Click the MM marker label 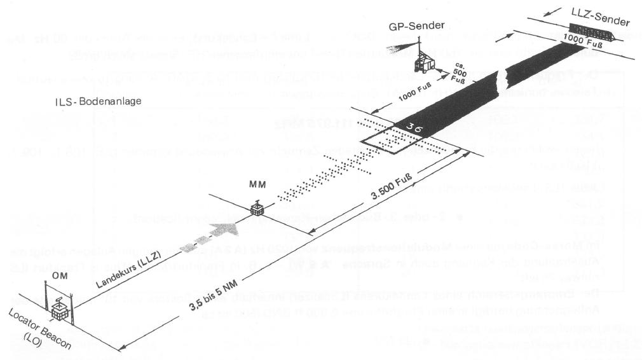pyautogui.click(x=257, y=186)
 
